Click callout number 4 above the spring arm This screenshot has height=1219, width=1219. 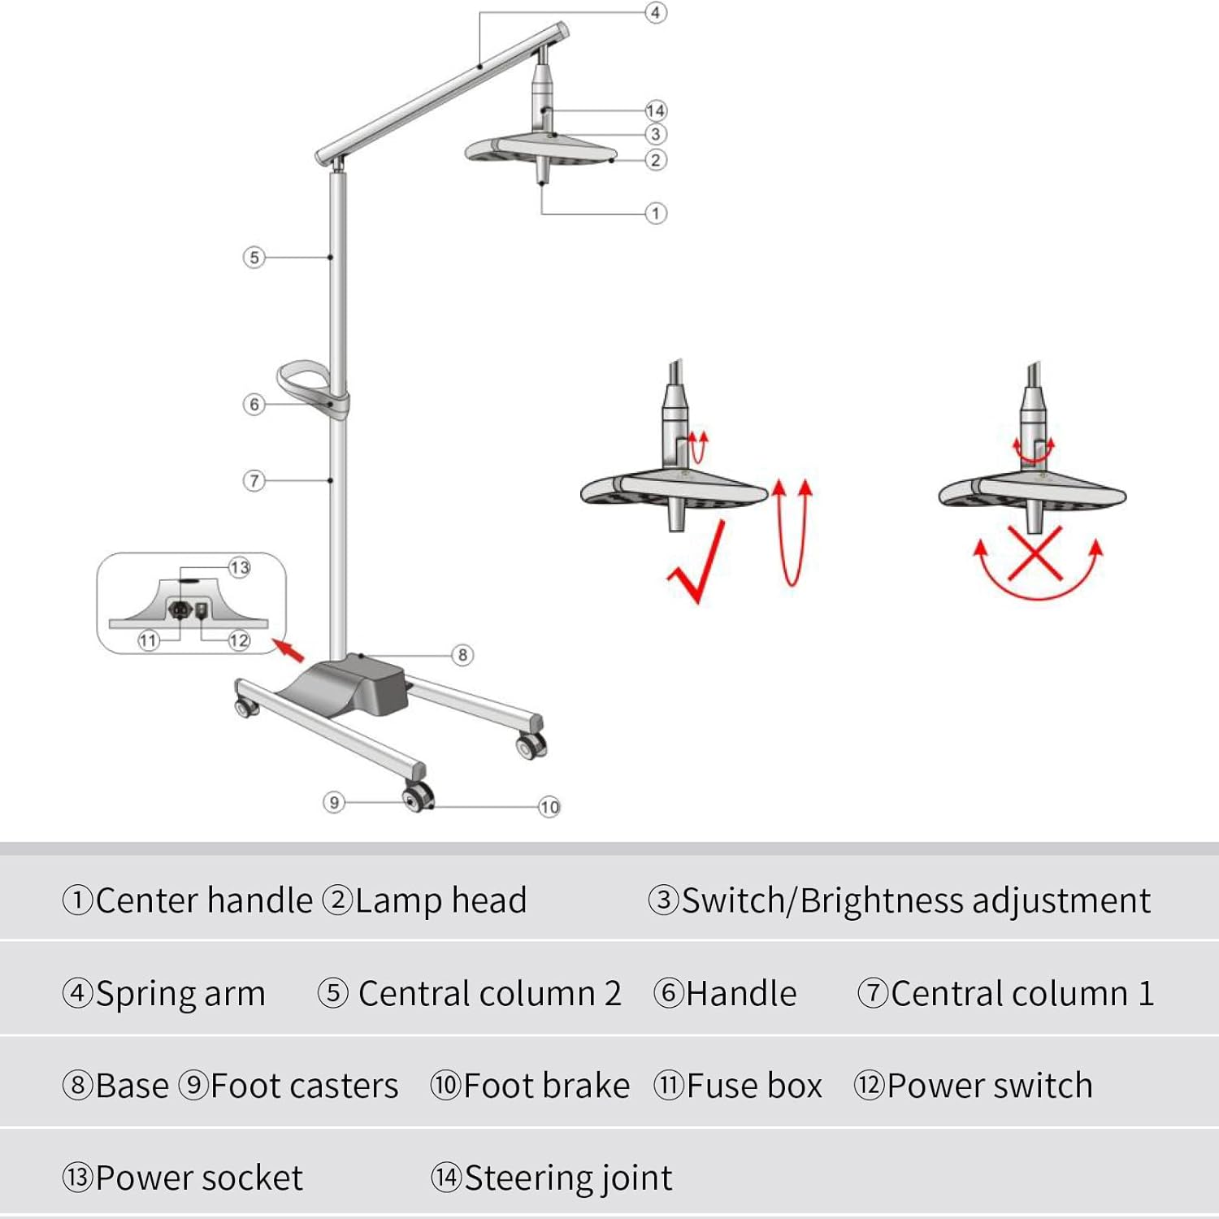coord(655,13)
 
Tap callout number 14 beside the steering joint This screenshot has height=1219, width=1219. coord(656,111)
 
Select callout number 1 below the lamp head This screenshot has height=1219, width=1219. coord(656,214)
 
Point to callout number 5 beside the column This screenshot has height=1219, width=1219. coord(254,258)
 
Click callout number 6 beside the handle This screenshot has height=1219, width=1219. coord(254,404)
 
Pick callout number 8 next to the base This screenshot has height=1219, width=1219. coord(462,655)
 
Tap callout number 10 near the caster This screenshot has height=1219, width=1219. coord(549,807)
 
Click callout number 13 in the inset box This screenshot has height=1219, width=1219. coord(239,567)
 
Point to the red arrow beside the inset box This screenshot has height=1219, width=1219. coord(287,649)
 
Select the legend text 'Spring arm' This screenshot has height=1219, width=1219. coord(180,993)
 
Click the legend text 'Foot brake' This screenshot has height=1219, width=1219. coord(546,1086)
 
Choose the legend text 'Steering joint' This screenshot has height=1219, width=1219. coord(568,1178)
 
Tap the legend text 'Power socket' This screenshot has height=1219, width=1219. coord(199,1178)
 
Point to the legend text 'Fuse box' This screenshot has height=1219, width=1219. coord(754,1086)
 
